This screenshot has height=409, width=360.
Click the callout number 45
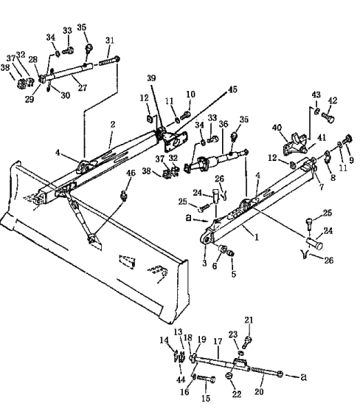coord(232,89)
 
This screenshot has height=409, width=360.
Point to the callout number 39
coord(151,78)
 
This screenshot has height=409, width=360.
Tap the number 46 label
coord(131,173)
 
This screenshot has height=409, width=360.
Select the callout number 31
coord(110,41)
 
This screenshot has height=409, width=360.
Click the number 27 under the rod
coord(82,87)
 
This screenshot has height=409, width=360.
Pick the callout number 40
coord(277,128)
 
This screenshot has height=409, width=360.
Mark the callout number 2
coord(113,125)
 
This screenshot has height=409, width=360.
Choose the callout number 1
coord(257,237)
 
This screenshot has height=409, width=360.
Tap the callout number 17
coord(218,341)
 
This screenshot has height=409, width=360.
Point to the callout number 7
coord(322,187)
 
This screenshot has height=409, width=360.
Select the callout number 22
coord(237,394)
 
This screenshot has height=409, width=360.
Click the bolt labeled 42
coord(328,117)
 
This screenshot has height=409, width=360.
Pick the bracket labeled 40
coord(295,145)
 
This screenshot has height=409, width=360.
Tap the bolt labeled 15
coord(207,378)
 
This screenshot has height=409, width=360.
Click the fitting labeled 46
coord(124,195)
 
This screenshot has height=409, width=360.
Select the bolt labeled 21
coord(246,343)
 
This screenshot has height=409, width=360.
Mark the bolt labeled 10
coord(185,114)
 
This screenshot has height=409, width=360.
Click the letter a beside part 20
coord(303,377)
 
